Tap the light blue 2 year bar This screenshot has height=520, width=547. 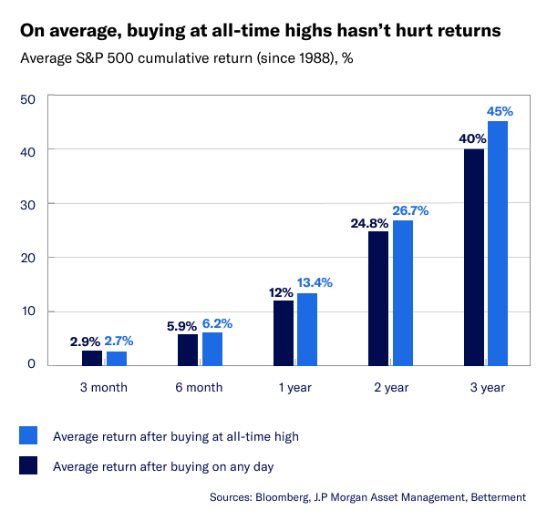[402, 292]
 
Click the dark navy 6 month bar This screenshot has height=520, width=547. [187, 349]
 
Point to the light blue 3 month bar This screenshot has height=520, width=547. [116, 357]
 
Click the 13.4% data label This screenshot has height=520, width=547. [314, 281]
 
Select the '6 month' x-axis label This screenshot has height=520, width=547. [198, 387]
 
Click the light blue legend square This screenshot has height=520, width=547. [28, 436]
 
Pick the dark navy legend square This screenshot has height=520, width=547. [28, 466]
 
